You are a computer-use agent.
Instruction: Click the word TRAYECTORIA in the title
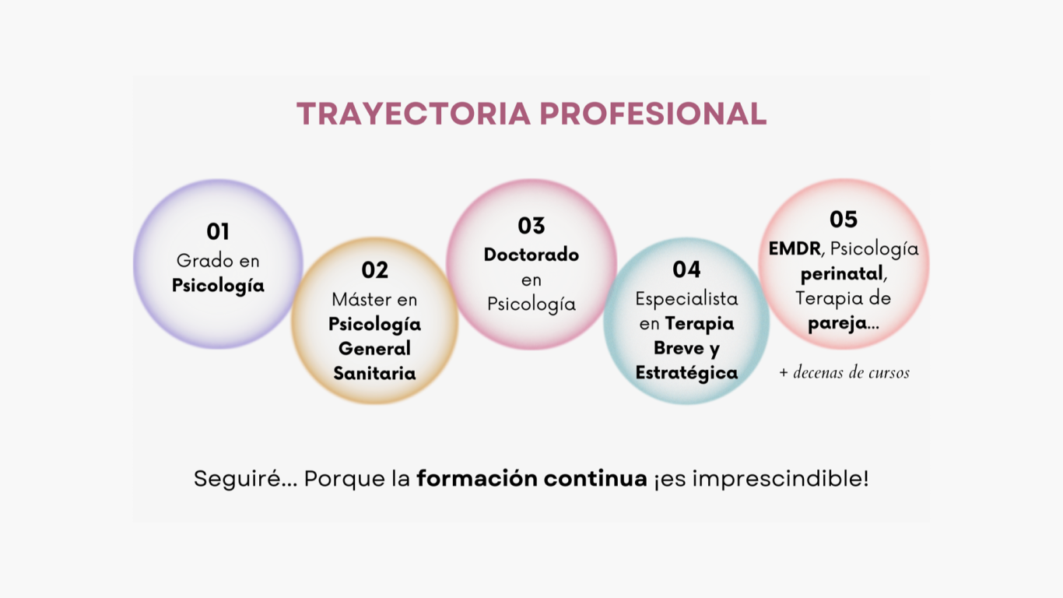(413, 114)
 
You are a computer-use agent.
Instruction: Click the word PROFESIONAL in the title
(653, 114)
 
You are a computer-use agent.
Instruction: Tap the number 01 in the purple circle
(218, 232)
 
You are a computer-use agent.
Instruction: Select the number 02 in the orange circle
(374, 270)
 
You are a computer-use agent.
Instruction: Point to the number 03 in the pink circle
(531, 226)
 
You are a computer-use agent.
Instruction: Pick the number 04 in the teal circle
(686, 269)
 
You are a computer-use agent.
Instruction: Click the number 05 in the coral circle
(844, 220)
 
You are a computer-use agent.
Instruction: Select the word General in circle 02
(374, 349)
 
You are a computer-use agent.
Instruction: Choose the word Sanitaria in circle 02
(374, 373)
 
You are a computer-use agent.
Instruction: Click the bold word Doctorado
(531, 255)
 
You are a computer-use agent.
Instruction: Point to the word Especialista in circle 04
(686, 299)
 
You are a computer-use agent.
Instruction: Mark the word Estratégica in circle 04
(686, 373)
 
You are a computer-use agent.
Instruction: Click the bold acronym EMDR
(795, 249)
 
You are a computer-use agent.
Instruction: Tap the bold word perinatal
(841, 274)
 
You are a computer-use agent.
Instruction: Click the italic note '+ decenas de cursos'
(844, 372)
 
